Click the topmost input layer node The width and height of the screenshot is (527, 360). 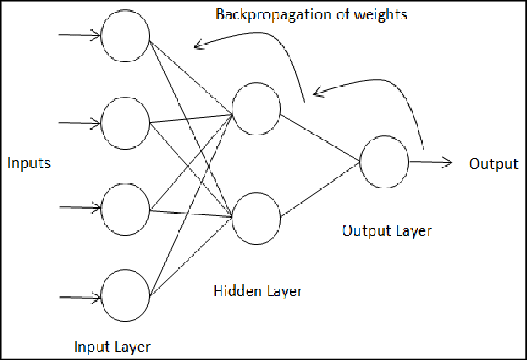(x=125, y=36)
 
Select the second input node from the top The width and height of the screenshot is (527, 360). (x=125, y=122)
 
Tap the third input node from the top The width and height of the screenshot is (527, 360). (x=125, y=207)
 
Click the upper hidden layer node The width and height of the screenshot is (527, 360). (x=257, y=109)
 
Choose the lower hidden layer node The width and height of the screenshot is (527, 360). (x=257, y=216)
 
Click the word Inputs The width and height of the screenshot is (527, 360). (x=29, y=163)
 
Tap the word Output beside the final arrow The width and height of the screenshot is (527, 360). (x=493, y=163)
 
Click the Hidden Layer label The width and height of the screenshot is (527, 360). (x=258, y=291)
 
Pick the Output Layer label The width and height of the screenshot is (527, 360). (x=387, y=230)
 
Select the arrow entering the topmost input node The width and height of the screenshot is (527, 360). (x=77, y=36)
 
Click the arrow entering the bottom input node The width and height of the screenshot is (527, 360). (x=77, y=296)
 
